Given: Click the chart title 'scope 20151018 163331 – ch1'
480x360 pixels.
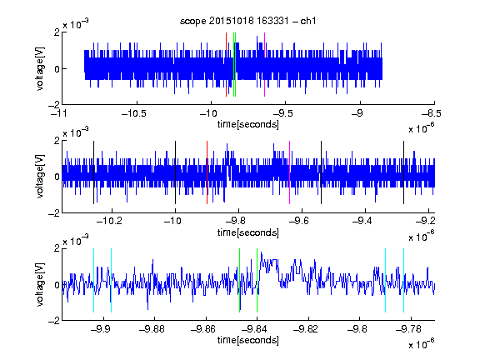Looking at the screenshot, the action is pos(248,21).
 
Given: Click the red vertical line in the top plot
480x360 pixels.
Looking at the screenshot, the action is pos(226,65).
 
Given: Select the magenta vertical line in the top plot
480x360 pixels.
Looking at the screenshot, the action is pos(264,65).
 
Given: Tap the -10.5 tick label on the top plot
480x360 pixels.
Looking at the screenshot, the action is pos(134,114).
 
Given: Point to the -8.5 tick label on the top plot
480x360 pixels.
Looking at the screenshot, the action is pos(432,114).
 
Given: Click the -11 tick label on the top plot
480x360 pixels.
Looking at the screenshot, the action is pos(59,114).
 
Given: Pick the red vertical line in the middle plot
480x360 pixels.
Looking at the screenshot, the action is pos(207,172).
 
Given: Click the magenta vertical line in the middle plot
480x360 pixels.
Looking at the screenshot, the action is pos(290,172).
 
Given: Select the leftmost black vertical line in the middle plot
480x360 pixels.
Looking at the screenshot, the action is pos(93,172).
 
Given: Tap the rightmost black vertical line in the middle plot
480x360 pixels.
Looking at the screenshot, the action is pos(403,172).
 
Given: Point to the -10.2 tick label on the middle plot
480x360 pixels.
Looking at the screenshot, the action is pos(109,221).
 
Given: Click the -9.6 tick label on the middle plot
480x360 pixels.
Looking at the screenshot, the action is pos(299,221).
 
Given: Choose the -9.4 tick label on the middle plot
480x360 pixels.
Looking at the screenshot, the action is pos(362,221).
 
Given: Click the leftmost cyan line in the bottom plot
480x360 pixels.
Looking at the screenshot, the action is pos(93,280).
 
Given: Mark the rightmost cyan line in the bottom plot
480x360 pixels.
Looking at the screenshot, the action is pos(403,280).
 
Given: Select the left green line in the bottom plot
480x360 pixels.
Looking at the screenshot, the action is pos(239,280).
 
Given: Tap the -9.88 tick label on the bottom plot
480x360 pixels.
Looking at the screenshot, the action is pos(152,329).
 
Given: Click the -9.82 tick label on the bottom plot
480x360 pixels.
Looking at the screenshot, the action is pos(306,329).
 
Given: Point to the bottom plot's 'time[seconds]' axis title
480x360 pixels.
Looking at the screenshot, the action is pos(248,340).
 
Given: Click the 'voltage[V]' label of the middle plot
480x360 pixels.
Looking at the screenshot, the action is pos(40,176).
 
